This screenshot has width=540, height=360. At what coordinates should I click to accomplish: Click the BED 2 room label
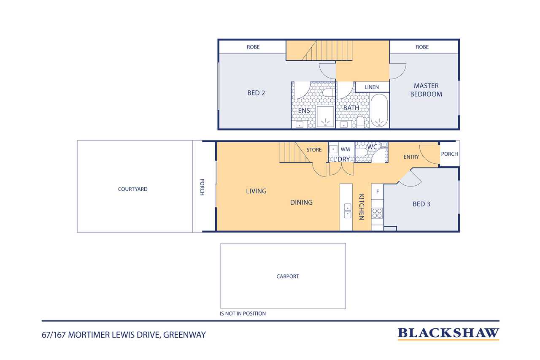coord(256,93)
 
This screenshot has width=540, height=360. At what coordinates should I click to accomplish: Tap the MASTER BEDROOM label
coord(426,90)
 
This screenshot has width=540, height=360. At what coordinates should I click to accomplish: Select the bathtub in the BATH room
coord(379,110)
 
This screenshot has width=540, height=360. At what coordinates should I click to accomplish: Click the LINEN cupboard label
coord(372,87)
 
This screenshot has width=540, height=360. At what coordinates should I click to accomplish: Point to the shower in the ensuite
coord(325,116)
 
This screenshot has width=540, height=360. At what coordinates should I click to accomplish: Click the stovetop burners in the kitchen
coord(377,213)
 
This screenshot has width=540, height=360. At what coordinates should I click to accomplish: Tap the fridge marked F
coord(377,192)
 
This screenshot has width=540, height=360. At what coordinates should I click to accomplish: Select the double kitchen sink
coord(347,211)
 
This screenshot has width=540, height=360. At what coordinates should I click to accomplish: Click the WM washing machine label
coord(345,149)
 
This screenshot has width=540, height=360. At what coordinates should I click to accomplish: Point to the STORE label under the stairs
coord(314,150)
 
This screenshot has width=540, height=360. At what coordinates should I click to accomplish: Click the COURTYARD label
coord(132,189)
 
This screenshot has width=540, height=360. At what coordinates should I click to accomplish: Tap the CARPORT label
coord(288,276)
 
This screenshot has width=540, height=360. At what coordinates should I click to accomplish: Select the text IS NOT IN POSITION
coord(243,314)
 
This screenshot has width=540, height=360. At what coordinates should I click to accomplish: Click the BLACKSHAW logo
coord(448,333)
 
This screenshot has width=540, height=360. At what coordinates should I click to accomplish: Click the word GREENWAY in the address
coord(184,335)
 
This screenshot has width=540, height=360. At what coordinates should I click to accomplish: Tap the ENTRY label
coord(411,157)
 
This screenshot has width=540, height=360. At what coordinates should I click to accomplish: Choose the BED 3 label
coord(421,204)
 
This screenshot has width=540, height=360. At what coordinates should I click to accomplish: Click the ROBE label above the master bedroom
coord(422,47)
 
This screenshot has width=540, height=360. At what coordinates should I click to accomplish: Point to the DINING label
coord(301,202)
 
